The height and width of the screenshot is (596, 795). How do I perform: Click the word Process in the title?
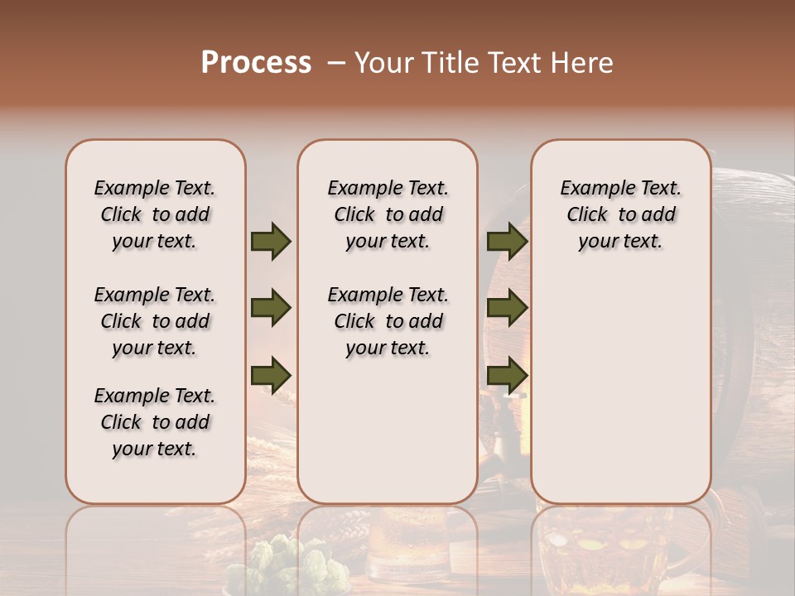256,62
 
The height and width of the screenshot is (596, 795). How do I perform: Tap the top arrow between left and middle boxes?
271,241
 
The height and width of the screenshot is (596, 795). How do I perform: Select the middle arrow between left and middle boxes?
271,309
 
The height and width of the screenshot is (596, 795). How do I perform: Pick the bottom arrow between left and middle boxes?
271,374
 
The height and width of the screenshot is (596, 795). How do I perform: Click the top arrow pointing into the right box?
507,241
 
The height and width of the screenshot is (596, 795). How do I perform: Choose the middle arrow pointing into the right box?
507,309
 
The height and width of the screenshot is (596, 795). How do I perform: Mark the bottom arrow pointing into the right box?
507,374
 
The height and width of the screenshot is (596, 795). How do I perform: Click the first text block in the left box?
155,214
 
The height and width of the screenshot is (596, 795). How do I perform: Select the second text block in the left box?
155,321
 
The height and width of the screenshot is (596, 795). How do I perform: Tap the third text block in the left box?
155,422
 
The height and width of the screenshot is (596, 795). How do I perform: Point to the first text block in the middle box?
388,214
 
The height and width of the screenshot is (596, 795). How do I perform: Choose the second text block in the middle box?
388,321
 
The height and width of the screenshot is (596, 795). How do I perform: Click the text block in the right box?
620,214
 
